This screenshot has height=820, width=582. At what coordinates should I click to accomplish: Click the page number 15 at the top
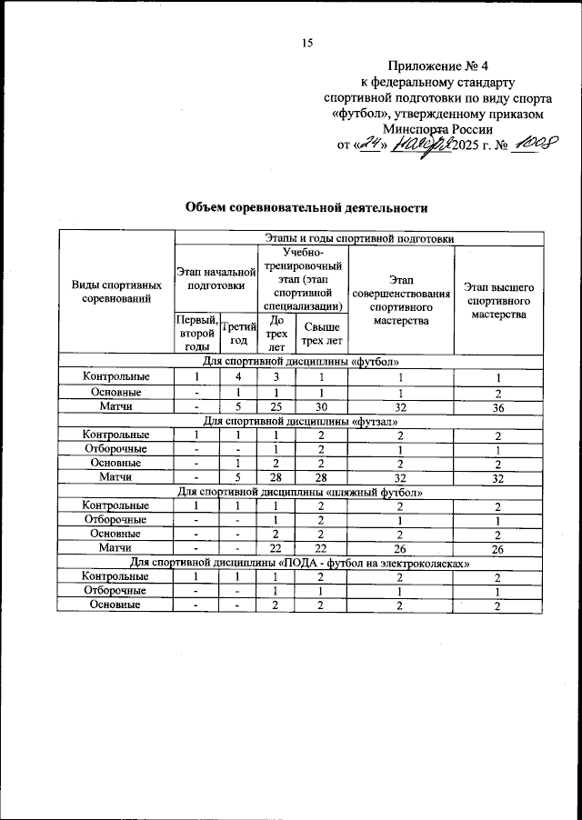click(307, 42)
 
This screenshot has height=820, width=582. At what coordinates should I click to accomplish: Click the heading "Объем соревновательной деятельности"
click(306, 208)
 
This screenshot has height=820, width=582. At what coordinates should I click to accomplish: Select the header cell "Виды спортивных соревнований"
click(117, 292)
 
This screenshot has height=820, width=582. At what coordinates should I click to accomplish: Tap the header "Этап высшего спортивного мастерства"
click(498, 299)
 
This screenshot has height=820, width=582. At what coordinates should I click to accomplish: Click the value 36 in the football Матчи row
click(498, 407)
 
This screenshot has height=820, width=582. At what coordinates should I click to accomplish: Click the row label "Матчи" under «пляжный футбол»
click(117, 549)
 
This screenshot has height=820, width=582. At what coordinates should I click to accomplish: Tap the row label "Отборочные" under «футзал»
click(117, 449)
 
